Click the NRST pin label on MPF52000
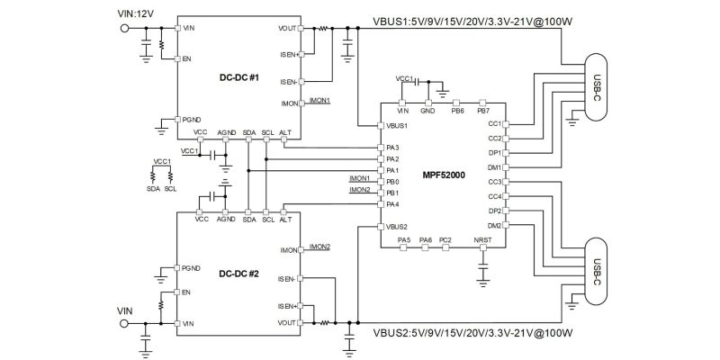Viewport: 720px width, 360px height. tap(482, 240)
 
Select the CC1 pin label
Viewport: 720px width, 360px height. tap(494, 123)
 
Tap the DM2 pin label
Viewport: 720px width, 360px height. tap(494, 225)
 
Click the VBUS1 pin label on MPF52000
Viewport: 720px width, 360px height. tap(397, 125)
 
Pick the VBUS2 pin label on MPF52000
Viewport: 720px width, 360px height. tap(397, 226)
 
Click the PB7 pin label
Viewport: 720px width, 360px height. tap(482, 110)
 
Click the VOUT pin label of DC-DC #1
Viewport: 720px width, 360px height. tap(288, 29)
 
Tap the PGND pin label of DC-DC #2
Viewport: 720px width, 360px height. tap(190, 268)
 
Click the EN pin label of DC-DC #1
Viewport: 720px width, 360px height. tap(186, 59)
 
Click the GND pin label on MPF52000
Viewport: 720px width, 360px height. tap(427, 110)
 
